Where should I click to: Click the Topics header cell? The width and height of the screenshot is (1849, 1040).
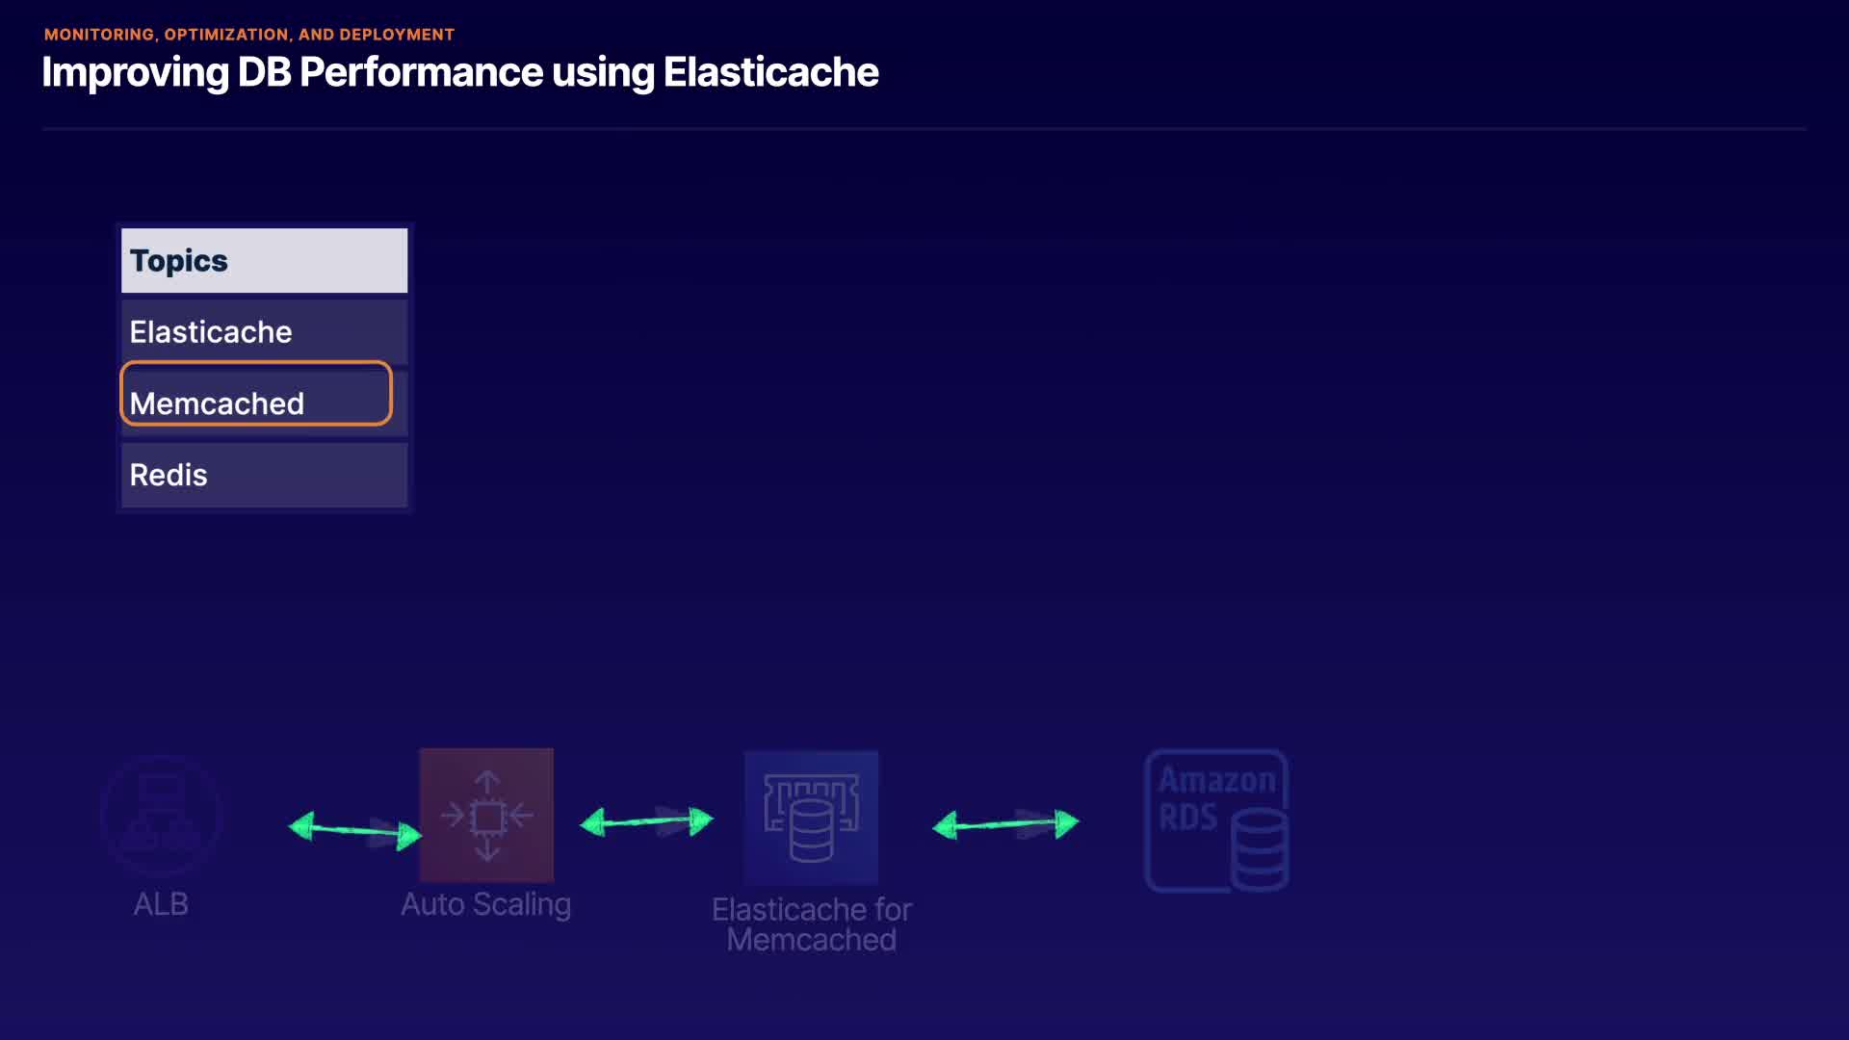[x=264, y=260]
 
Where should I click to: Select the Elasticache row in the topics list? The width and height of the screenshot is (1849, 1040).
[x=264, y=332]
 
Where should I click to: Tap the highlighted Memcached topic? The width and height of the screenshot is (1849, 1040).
[x=256, y=393]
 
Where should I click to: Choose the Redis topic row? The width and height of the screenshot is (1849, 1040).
[x=264, y=475]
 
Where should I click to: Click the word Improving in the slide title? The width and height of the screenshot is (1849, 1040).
[x=135, y=73]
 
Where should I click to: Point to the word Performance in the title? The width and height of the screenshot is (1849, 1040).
[x=422, y=72]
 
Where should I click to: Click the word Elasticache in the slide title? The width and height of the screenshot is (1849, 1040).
[x=770, y=72]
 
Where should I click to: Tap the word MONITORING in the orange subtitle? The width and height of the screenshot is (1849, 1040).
[x=98, y=35]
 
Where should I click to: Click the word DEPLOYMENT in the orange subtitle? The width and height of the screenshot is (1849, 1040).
[x=396, y=35]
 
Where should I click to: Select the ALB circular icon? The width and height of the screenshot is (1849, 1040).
[x=161, y=816]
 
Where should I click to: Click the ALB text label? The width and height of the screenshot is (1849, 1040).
[x=161, y=904]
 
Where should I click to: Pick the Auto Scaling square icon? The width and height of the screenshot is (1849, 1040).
[x=486, y=815]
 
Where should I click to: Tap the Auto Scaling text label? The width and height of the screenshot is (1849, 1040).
[x=485, y=905]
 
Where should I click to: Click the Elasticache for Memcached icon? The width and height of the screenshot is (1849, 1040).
[x=811, y=818]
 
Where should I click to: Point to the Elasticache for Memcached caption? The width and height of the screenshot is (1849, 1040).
[x=812, y=924]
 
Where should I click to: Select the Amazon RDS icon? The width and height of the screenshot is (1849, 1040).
[x=1217, y=820]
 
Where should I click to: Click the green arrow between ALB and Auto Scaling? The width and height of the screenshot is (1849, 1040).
[x=355, y=830]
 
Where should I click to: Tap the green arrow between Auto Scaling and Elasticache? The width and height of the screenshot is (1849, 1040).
[x=646, y=821]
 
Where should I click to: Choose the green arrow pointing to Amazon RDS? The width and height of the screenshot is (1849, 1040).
[x=1005, y=824]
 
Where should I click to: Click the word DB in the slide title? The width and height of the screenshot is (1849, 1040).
[x=264, y=72]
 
